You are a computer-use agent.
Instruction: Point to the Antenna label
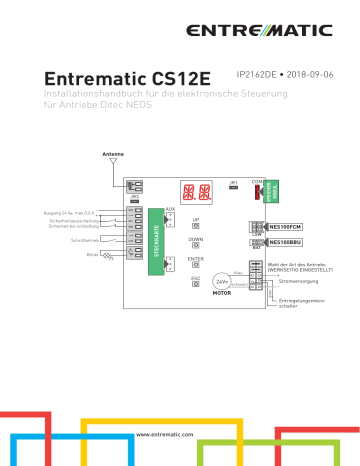tap(114, 154)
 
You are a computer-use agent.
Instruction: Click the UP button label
tap(196, 219)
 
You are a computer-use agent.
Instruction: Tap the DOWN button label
tap(196, 240)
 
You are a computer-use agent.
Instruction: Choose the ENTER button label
tap(196, 259)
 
